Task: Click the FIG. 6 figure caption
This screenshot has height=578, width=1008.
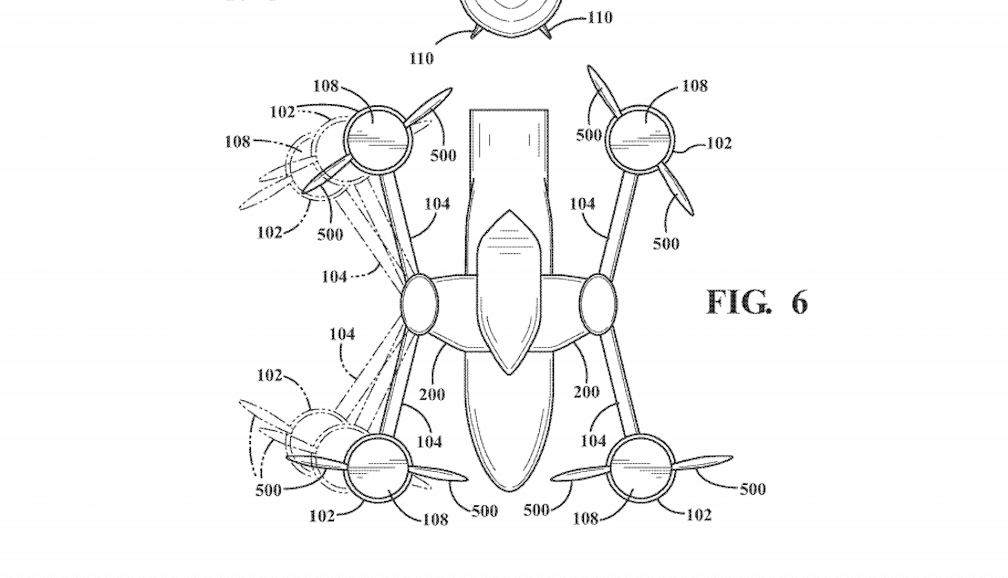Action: tap(757, 302)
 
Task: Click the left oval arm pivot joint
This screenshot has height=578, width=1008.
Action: tap(420, 304)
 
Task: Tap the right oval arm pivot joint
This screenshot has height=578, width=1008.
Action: tap(598, 304)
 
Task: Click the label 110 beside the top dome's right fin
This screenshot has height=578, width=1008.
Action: tap(600, 18)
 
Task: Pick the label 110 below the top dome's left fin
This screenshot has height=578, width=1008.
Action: tap(422, 59)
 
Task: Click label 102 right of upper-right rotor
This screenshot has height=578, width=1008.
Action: tap(719, 143)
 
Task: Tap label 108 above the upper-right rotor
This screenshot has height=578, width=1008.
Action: tap(695, 86)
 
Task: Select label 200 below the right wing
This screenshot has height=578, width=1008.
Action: tap(586, 392)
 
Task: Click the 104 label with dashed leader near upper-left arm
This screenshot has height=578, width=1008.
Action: tap(334, 277)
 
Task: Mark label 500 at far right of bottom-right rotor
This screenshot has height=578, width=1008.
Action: tap(753, 489)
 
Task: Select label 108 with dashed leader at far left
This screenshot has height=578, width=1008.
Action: tap(238, 142)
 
